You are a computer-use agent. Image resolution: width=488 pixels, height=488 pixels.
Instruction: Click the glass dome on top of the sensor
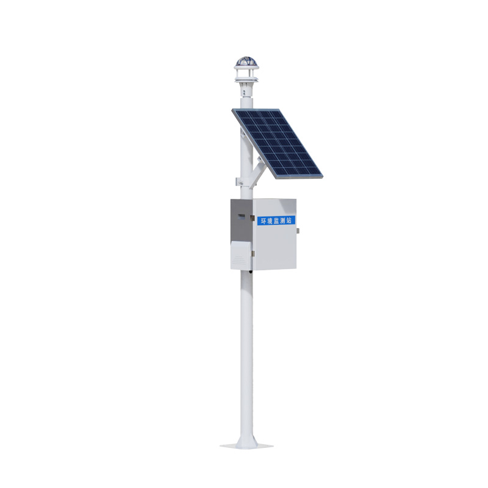(x=245, y=62)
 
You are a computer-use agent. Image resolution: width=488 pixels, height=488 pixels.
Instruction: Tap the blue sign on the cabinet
(x=275, y=221)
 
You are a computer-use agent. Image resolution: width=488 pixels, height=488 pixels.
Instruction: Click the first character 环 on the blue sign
(x=263, y=221)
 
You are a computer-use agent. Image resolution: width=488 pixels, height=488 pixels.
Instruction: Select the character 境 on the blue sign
(x=269, y=221)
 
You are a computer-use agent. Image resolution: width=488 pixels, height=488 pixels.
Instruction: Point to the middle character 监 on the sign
(x=276, y=221)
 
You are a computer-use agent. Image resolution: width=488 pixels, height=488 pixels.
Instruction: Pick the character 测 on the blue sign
(x=282, y=221)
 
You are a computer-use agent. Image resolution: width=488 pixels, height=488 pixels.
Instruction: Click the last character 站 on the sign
(x=289, y=220)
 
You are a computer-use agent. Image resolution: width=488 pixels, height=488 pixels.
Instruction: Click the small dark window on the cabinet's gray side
(x=240, y=215)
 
